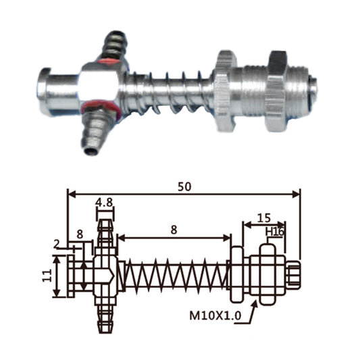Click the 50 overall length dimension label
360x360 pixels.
184,187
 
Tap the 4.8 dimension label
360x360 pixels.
104,203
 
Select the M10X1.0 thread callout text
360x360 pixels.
215,315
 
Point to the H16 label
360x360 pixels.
275,232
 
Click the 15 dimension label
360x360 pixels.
264,218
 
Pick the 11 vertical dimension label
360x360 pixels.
47,276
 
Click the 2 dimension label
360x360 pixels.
57,245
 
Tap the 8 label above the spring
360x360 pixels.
174,230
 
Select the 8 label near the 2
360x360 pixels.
80,234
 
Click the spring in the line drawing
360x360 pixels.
176,276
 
